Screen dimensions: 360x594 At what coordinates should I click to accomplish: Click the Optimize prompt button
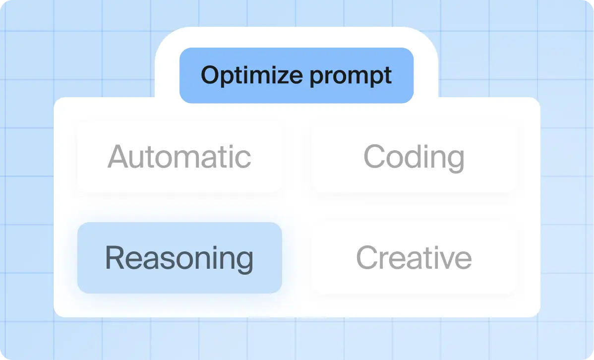click(296, 75)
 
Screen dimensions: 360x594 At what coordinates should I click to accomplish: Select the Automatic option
click(179, 157)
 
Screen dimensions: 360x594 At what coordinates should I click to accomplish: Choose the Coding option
click(414, 157)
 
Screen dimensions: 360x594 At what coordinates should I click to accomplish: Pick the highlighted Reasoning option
click(179, 258)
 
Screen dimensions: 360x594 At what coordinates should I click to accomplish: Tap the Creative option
click(414, 258)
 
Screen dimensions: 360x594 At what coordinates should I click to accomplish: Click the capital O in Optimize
click(210, 75)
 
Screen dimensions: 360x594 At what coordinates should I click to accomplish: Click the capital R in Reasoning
click(115, 258)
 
